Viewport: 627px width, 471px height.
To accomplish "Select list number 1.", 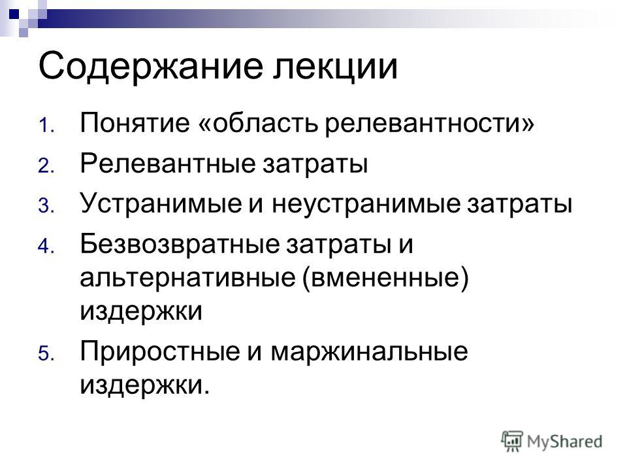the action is tap(46, 125).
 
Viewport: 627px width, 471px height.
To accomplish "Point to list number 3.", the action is tap(46, 206).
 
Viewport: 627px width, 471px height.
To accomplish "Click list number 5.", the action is tap(46, 354).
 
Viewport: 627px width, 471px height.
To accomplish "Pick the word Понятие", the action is tap(135, 122).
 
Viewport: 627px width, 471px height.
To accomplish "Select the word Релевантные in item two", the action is tap(167, 164).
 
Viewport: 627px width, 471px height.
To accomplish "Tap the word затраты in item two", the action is tap(315, 164).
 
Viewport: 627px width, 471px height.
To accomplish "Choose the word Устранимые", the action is tap(161, 203).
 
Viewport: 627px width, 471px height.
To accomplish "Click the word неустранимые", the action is tap(366, 203).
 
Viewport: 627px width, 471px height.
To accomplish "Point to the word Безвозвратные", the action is tap(180, 243).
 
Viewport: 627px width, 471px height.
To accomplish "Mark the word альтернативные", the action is tap(188, 277).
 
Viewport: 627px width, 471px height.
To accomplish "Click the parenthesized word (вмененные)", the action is tap(385, 278).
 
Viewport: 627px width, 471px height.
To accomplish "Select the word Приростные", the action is tap(159, 352).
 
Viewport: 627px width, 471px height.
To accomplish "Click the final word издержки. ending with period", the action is tap(145, 385).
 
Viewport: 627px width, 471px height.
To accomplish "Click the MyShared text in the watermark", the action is tap(564, 442).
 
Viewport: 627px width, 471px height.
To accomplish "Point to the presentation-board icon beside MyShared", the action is tap(512, 442).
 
